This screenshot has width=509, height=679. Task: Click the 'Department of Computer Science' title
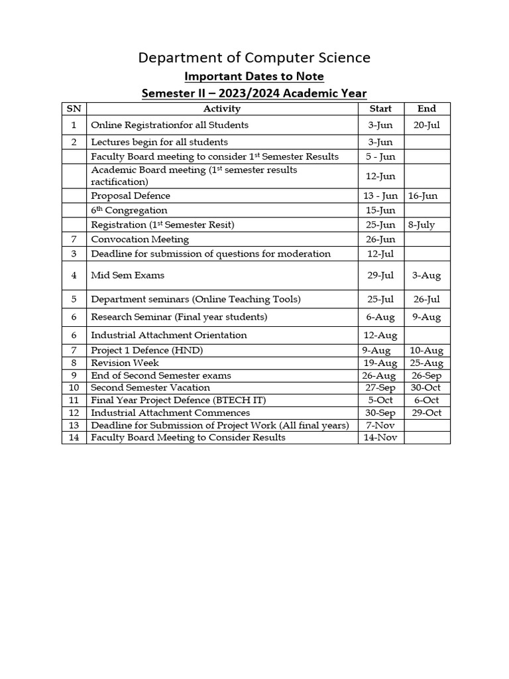click(x=254, y=58)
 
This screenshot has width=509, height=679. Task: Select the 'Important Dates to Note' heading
click(x=254, y=77)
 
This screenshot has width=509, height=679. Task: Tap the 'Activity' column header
click(x=222, y=109)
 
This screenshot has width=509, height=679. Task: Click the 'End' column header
click(x=427, y=109)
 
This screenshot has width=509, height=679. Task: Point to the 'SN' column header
click(x=74, y=109)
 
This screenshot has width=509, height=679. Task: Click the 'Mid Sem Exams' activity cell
click(x=127, y=275)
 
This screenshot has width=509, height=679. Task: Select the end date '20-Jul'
click(x=427, y=125)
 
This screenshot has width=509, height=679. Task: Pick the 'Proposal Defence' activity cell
click(x=131, y=196)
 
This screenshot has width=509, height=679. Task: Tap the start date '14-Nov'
click(x=380, y=438)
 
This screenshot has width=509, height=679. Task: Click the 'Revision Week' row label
click(x=125, y=363)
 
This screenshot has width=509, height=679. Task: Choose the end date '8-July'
click(x=422, y=225)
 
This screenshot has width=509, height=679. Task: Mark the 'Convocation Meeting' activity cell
click(x=140, y=239)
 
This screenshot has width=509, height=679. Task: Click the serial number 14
click(x=74, y=438)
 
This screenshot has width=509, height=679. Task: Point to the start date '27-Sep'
click(x=380, y=388)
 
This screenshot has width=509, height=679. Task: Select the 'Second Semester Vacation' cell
click(x=150, y=388)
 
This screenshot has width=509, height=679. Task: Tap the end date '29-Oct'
click(x=427, y=413)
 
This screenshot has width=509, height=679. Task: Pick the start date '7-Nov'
click(x=380, y=425)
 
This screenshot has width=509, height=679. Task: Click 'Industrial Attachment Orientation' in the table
click(x=169, y=336)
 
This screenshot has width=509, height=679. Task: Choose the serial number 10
click(x=74, y=388)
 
